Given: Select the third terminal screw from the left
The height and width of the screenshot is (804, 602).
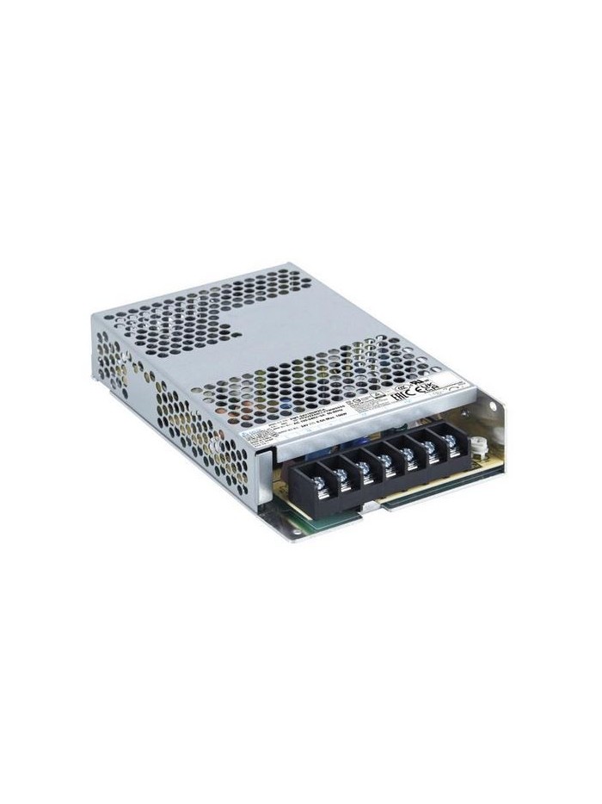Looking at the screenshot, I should pyautogui.click(x=364, y=467).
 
